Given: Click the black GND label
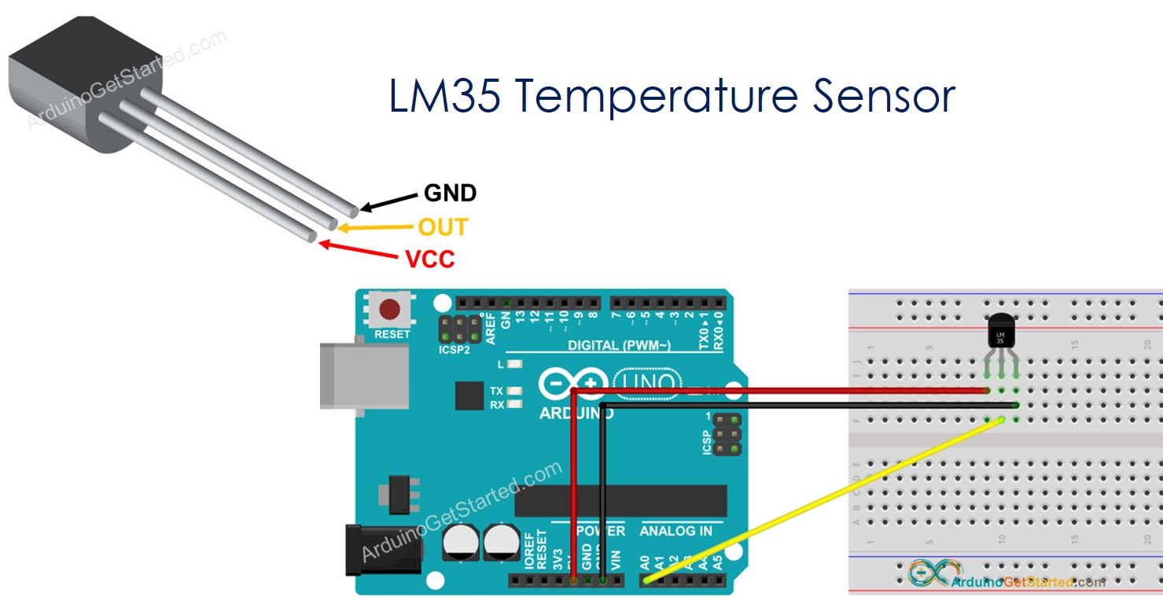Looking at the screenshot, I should coord(450,193).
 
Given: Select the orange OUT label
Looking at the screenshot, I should coord(442,227).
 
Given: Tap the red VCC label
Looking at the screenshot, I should coord(429,260).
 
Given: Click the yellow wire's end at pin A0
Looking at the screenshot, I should coord(646,580).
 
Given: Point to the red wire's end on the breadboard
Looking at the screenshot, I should coord(986,390).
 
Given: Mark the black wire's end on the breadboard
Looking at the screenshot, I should coord(1015,405).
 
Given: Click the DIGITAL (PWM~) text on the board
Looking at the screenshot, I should coord(619,346).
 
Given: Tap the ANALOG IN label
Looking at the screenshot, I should coord(675,531).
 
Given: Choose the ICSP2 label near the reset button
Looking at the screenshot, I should coord(455,349).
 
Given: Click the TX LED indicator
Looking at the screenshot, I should coord(516,391).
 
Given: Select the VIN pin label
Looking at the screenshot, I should coord(616,559).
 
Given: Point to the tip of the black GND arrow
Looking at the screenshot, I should coord(361,210).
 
